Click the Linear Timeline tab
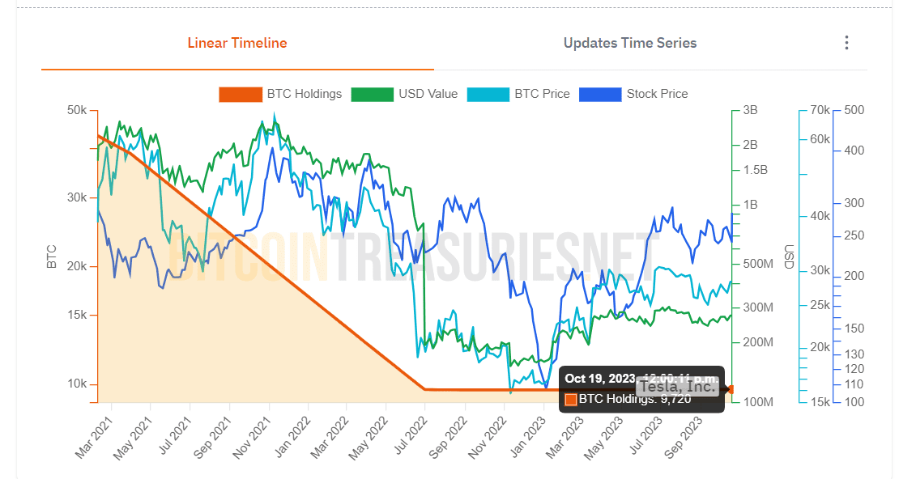pyautogui.click(x=237, y=43)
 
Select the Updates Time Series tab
pyautogui.click(x=630, y=43)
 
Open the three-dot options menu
pyautogui.click(x=846, y=43)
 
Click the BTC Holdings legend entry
pyautogui.click(x=280, y=94)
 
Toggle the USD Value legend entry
pyautogui.click(x=404, y=94)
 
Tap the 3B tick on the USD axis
pyautogui.click(x=750, y=110)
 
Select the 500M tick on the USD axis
pyautogui.click(x=757, y=264)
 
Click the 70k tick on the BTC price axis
pyautogui.click(x=820, y=110)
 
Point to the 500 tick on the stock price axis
pyautogui.click(x=854, y=110)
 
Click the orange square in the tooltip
pyautogui.click(x=571, y=399)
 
